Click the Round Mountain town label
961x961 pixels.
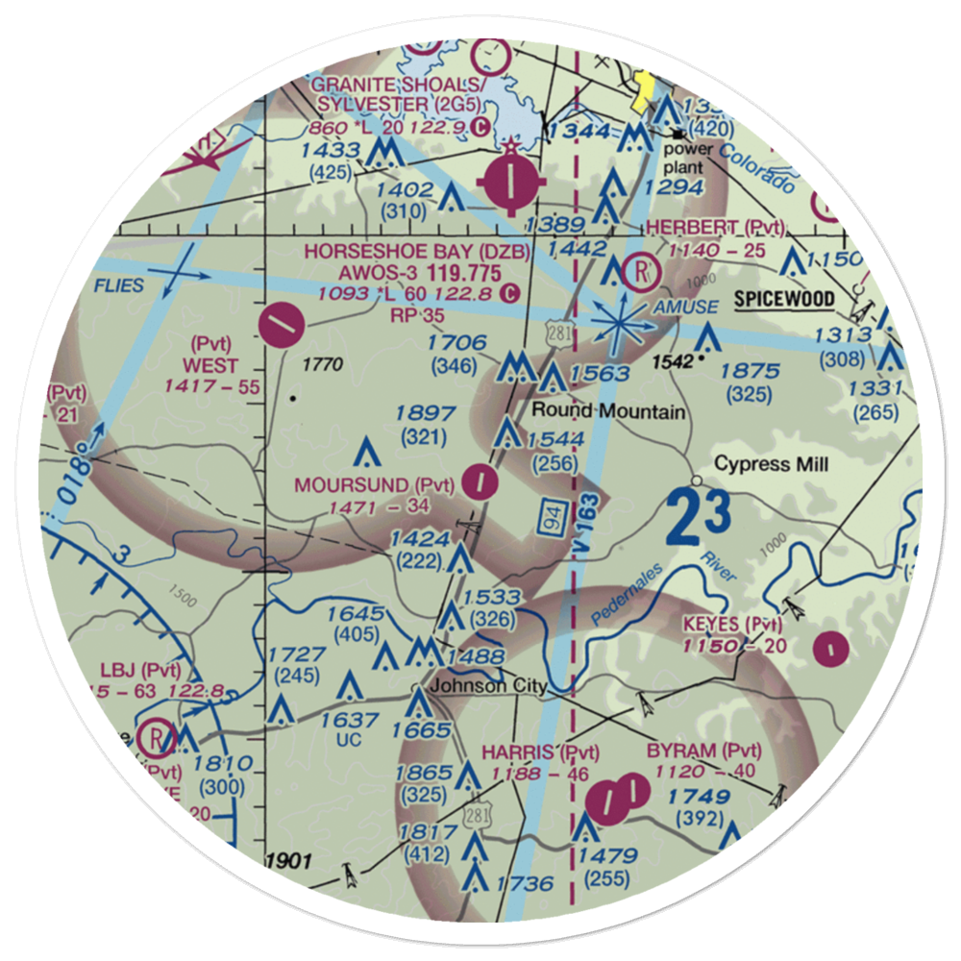tap(609, 412)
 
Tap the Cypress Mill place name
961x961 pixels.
tap(772, 465)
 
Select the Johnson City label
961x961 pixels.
tap(488, 686)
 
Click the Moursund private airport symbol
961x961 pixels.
tap(479, 480)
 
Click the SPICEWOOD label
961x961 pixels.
tap(784, 299)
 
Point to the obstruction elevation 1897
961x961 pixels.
tap(424, 413)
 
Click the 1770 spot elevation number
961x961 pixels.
tap(322, 365)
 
